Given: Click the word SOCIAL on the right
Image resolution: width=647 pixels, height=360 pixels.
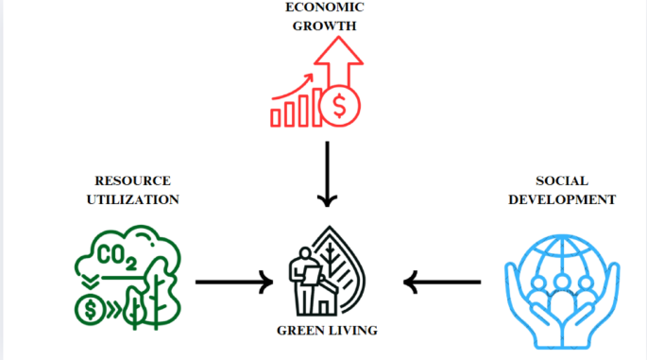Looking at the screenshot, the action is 561,181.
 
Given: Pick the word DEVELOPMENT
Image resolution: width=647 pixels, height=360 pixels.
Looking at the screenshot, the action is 561,199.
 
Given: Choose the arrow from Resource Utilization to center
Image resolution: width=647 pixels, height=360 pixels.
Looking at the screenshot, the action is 231,281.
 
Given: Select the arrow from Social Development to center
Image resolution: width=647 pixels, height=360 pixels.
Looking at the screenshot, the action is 442,281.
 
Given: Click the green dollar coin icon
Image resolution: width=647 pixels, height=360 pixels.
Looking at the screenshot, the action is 90,308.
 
